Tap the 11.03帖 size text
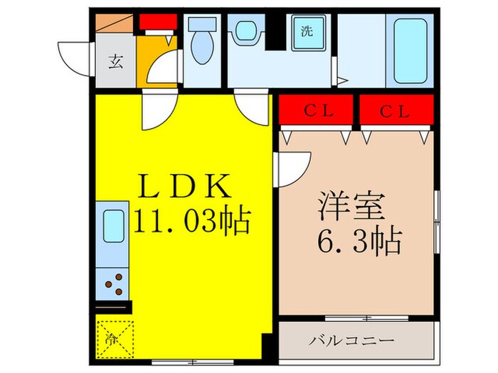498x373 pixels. pos(192,222)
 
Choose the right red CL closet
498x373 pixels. pos(396,112)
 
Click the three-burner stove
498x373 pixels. pos(114,283)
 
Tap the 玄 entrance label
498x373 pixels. pos(115,60)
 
